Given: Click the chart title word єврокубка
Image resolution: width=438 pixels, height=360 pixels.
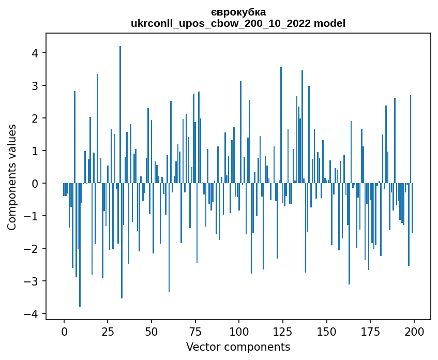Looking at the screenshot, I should click(238, 12).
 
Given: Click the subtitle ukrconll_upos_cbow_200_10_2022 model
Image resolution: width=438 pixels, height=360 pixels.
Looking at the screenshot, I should click(238, 23).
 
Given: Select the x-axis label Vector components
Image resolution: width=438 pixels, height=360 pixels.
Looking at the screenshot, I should click(238, 347).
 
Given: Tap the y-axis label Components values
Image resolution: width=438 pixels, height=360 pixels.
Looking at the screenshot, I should click(12, 177).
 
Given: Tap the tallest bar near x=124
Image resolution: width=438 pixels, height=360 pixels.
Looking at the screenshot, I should click(281, 124).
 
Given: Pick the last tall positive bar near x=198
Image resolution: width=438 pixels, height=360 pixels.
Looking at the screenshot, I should click(411, 140).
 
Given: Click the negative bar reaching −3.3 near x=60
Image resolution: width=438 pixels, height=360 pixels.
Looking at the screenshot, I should click(169, 238).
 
